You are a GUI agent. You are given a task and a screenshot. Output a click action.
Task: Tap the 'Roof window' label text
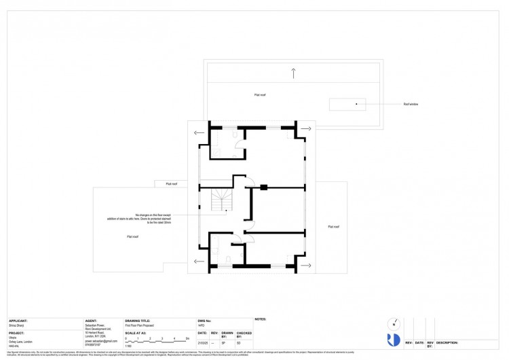click(411, 105)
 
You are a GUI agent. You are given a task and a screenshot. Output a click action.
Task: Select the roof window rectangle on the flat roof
click(347, 105)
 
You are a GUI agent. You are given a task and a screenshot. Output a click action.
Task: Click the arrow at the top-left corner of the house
click(197, 132)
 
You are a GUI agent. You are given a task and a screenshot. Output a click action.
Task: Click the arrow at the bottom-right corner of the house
click(305, 265)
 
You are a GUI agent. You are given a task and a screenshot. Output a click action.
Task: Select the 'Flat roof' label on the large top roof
click(260, 94)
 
